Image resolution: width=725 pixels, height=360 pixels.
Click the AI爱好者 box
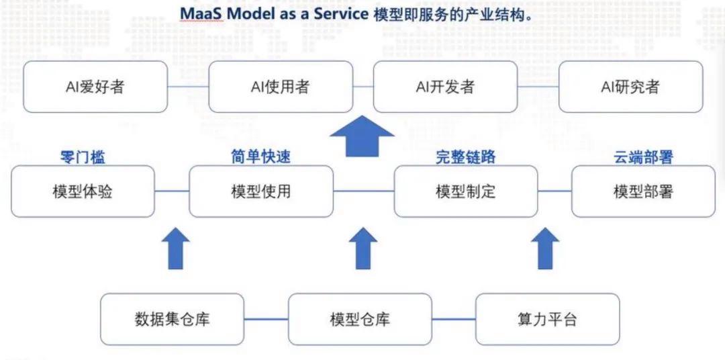[x=95, y=87]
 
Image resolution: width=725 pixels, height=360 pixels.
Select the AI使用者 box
[x=280, y=87]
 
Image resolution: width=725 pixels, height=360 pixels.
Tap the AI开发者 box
[x=444, y=87]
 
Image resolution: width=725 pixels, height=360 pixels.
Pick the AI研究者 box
[x=630, y=87]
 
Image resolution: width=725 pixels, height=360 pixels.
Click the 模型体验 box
[x=83, y=191]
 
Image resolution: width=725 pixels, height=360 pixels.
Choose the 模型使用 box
[x=261, y=191]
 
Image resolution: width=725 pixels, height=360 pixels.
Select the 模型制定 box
[x=465, y=191]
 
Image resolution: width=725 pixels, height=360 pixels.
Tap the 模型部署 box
[x=643, y=191]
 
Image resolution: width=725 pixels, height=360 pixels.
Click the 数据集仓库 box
[x=173, y=319]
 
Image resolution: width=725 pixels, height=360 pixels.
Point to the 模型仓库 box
[x=360, y=319]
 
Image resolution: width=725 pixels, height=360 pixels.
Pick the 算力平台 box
[x=547, y=319]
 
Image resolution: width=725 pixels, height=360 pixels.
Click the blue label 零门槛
[x=83, y=158]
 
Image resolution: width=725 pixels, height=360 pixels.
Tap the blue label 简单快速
[x=261, y=158]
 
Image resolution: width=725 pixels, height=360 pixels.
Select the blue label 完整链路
[x=465, y=158]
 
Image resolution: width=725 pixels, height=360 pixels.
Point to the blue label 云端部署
[x=643, y=158]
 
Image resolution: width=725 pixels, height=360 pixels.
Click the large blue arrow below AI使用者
[x=362, y=136]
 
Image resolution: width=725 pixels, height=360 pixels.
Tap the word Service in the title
[x=340, y=14]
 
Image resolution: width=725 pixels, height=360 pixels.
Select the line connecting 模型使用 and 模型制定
[x=363, y=191]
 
